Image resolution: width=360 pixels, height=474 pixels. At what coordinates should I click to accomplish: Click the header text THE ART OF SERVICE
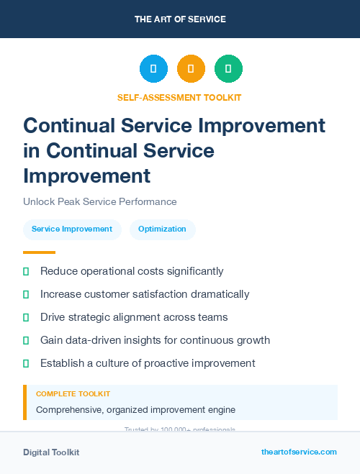tap(180, 19)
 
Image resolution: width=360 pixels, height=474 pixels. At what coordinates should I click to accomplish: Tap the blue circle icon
tap(153, 69)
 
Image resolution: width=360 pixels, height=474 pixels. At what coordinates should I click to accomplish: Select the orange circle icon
tap(191, 69)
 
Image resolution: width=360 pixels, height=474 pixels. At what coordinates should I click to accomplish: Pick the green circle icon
tap(228, 69)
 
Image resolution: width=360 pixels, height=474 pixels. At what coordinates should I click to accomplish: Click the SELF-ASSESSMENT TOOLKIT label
tap(179, 97)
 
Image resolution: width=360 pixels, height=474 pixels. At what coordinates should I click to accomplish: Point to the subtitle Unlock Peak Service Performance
tap(100, 202)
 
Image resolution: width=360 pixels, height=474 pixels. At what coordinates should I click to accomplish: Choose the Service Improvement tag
tap(72, 229)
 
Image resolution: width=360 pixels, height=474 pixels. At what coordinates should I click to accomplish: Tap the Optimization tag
tap(162, 229)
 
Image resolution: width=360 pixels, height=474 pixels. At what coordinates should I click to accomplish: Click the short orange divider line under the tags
tap(39, 252)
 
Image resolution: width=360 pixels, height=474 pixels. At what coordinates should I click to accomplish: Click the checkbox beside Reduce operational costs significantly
tap(27, 272)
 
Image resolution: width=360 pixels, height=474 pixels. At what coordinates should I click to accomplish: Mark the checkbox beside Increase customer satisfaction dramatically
tap(27, 295)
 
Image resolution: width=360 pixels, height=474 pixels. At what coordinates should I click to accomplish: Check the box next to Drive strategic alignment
tap(27, 318)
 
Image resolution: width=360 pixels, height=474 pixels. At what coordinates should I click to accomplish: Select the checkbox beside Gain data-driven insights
tap(27, 340)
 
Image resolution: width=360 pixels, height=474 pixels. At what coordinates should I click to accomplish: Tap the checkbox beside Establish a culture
tap(27, 363)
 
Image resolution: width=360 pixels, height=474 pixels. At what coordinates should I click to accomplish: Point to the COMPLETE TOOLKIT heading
tap(73, 394)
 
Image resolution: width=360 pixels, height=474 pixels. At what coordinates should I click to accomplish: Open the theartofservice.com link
tap(299, 452)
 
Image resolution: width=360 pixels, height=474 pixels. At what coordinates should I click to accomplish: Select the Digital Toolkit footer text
tap(51, 452)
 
